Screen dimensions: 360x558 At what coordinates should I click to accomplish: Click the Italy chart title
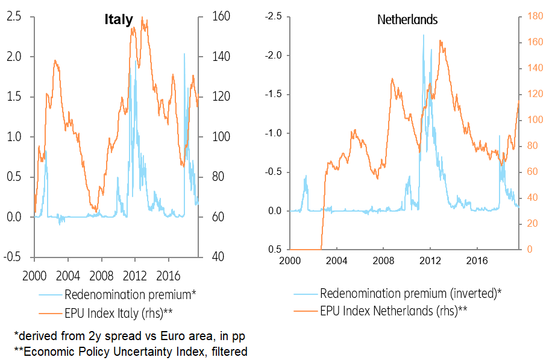coord(118,20)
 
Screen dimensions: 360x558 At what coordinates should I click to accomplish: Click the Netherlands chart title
coord(407,20)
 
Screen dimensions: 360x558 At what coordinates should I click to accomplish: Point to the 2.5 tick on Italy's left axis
coord(14,17)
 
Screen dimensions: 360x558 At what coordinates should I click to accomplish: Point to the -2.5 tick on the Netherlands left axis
coord(273,17)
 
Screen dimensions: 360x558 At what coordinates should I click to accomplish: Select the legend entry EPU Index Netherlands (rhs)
coord(393,311)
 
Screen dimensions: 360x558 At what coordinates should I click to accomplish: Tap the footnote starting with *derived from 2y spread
coord(129,335)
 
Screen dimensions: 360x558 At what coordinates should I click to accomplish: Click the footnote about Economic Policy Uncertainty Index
coord(130,351)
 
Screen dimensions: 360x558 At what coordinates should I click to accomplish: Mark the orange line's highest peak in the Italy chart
coord(142,17)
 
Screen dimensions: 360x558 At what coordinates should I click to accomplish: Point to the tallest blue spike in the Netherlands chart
coord(423,35)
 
